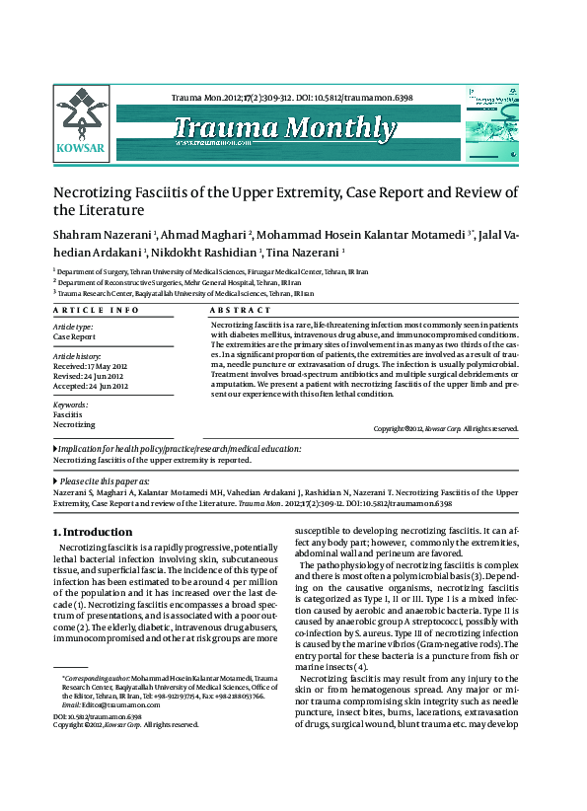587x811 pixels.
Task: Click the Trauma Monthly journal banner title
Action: coord(285,128)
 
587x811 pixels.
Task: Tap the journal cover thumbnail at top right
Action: coord(503,122)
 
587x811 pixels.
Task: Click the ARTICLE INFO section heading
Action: coord(96,310)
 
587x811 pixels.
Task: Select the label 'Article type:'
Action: coord(73,327)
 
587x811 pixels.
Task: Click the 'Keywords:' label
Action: coord(71,405)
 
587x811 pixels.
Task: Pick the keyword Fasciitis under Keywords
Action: coord(67,415)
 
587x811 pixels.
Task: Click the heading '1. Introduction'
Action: coord(92,532)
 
